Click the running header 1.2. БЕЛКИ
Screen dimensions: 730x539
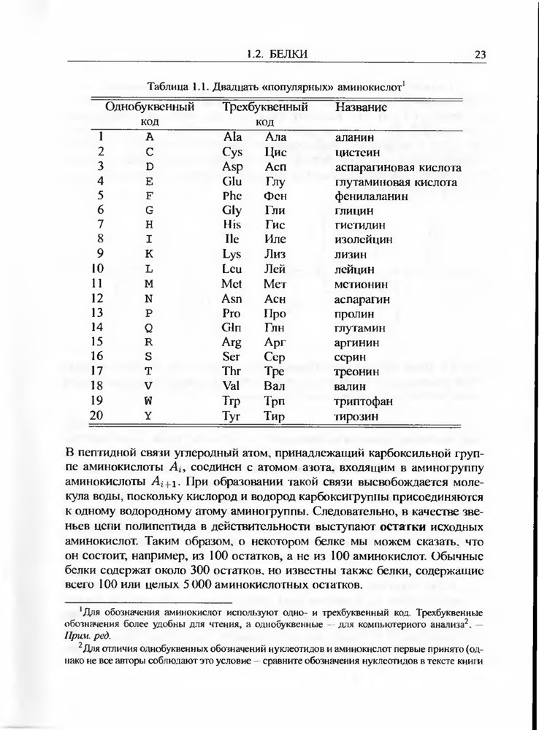[x=278, y=54]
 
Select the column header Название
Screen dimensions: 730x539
[x=361, y=107]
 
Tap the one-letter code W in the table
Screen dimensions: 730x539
[x=148, y=401]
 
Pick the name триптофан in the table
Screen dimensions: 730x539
[x=363, y=401]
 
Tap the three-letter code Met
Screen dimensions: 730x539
[x=232, y=283]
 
